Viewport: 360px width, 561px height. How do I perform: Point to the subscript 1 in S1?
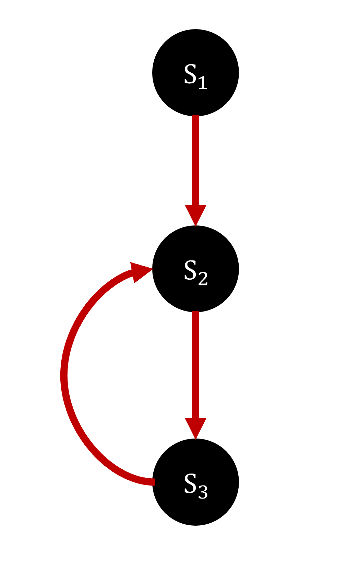pos(203,82)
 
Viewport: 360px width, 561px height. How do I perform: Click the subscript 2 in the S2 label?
pos(203,279)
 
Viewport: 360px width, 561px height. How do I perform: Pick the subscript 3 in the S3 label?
pos(203,492)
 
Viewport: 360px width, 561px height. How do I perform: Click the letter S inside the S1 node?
pos(190,74)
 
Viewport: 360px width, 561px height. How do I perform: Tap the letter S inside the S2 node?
pos(190,270)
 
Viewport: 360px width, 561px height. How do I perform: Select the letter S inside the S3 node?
pos(190,483)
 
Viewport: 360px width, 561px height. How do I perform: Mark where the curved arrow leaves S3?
pos(153,482)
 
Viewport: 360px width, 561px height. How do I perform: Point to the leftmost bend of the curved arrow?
pos(64,376)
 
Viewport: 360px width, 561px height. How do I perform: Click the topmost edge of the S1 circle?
pos(195,30)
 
